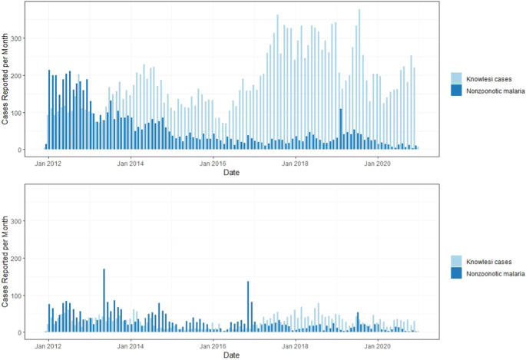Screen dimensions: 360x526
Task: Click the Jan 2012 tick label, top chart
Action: click(x=48, y=163)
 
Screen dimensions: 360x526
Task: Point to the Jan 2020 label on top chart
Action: click(x=378, y=163)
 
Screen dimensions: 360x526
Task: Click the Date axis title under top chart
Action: click(x=231, y=173)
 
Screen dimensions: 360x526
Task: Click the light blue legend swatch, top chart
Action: click(x=457, y=79)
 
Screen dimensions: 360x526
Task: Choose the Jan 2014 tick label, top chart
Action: click(x=131, y=163)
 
